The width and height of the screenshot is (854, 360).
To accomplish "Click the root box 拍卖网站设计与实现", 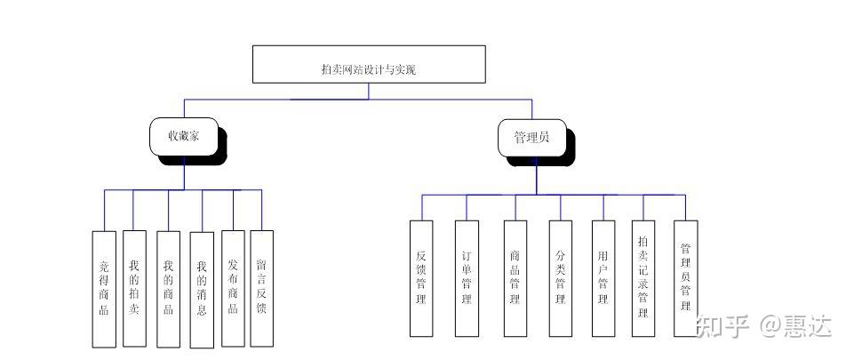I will pyautogui.click(x=369, y=64).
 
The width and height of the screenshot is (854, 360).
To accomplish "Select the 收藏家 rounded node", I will pyautogui.click(x=185, y=137).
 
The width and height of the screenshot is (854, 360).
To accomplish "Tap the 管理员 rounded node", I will pyautogui.click(x=531, y=137).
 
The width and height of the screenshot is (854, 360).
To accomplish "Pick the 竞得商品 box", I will pyautogui.click(x=104, y=288).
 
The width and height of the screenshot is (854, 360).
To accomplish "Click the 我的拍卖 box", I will pyautogui.click(x=133, y=287).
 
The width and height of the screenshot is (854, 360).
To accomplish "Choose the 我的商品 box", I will pyautogui.click(x=169, y=287).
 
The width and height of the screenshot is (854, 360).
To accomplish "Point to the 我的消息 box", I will pyautogui.click(x=202, y=289).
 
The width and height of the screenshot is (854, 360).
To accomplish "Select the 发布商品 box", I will pyautogui.click(x=233, y=287).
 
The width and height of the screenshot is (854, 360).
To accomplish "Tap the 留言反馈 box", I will pyautogui.click(x=261, y=287).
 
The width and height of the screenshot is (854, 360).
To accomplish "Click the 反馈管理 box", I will pyautogui.click(x=421, y=278).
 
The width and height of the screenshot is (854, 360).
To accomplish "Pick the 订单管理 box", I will pyautogui.click(x=467, y=278).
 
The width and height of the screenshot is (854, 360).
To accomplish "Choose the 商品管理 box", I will pyautogui.click(x=515, y=278).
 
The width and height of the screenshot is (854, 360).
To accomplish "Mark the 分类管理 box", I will pyautogui.click(x=560, y=278).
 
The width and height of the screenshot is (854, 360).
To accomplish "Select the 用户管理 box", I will pyautogui.click(x=603, y=278).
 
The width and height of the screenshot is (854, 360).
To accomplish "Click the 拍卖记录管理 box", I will pyautogui.click(x=643, y=278).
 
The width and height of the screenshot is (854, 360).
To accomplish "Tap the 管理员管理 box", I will pyautogui.click(x=685, y=278).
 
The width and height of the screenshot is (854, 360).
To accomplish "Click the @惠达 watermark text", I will pyautogui.click(x=794, y=326).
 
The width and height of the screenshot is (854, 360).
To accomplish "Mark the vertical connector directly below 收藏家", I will pyautogui.click(x=185, y=173).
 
